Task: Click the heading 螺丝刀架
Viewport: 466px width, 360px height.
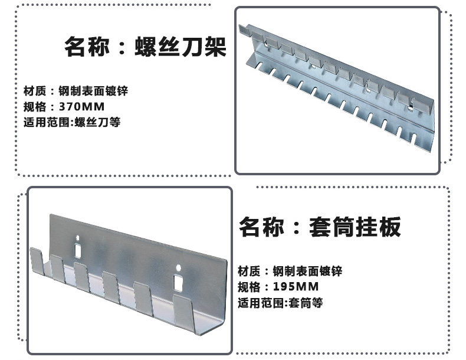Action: click(x=181, y=47)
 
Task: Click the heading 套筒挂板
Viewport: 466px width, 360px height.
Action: click(x=355, y=227)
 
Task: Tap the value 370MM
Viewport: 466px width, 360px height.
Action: click(x=82, y=106)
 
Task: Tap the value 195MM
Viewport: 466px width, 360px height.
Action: click(x=296, y=287)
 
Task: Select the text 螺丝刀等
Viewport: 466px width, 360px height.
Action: click(x=97, y=122)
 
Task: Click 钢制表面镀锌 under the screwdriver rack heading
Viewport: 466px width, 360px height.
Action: click(x=93, y=91)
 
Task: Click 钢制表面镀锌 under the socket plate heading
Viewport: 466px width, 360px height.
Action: click(x=307, y=271)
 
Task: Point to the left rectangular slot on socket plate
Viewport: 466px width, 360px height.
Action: click(x=78, y=251)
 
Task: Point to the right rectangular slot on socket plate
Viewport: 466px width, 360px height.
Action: click(x=178, y=283)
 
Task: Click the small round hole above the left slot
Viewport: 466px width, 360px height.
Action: click(x=77, y=237)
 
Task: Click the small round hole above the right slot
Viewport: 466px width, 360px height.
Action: click(x=178, y=267)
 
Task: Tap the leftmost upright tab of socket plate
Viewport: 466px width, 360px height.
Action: click(x=37, y=261)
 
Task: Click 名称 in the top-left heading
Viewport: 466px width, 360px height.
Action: click(x=87, y=47)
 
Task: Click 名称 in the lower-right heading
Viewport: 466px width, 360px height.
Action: click(x=261, y=227)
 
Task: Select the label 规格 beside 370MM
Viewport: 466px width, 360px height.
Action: click(x=35, y=106)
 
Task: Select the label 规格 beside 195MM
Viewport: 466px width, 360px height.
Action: click(x=249, y=287)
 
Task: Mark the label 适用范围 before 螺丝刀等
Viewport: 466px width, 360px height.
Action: click(x=47, y=122)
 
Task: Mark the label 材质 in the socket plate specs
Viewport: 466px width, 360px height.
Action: click(x=249, y=271)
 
